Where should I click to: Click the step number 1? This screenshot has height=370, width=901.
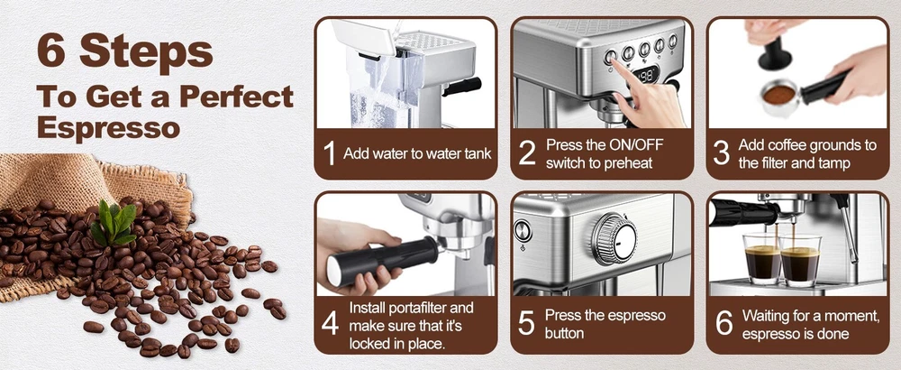click(329, 153)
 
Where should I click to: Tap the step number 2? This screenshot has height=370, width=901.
click(527, 153)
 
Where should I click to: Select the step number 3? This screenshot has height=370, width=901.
click(721, 153)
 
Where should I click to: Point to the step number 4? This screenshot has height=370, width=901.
click(330, 324)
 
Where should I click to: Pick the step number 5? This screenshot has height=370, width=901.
click(526, 324)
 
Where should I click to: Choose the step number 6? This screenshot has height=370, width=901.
click(724, 324)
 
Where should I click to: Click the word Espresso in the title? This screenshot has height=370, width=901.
click(108, 128)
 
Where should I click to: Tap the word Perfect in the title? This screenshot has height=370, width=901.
click(236, 96)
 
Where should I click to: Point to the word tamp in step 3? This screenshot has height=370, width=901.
click(835, 162)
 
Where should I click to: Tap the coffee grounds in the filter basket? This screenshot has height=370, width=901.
click(778, 95)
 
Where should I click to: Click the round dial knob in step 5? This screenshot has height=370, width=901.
click(614, 238)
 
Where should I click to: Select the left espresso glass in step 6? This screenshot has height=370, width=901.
click(762, 260)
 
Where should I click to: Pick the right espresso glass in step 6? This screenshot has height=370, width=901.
click(800, 261)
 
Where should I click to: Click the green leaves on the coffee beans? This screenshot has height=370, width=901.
click(114, 222)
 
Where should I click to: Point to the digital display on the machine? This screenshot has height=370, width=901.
click(646, 75)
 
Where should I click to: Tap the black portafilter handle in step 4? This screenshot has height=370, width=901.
click(378, 262)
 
